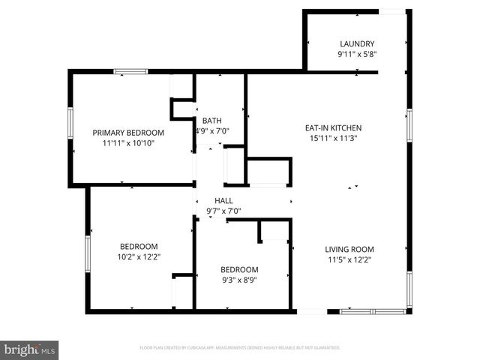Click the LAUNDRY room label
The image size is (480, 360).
pos(356,43)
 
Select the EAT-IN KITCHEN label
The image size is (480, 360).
pos(333,127)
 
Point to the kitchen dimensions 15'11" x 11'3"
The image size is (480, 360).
pos(333,138)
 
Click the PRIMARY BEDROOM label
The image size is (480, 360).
pos(128,132)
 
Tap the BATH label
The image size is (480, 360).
pos(212,120)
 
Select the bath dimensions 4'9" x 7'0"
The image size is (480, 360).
pos(212,130)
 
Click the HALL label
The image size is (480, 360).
pos(223,200)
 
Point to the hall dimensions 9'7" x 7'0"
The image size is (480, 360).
pos(223,211)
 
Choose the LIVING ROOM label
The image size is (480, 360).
pos(349,250)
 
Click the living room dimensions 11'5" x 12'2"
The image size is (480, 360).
pos(349,260)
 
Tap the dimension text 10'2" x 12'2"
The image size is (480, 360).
pos(139,256)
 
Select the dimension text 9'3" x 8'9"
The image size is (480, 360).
pos(239,280)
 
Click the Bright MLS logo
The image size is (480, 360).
pos(29,349)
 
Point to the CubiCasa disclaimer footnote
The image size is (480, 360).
pos(240,348)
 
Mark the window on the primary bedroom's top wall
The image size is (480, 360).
pos(130,72)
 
